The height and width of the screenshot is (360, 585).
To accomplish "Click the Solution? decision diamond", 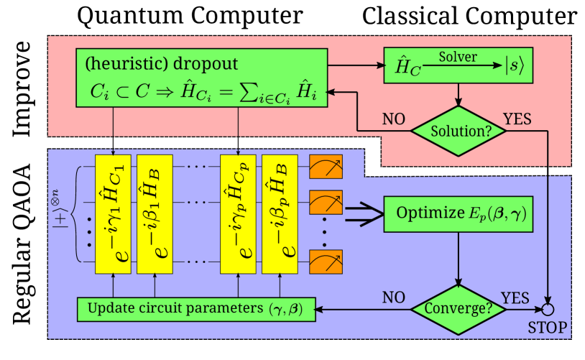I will click(x=459, y=131).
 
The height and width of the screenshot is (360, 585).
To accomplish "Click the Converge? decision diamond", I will click(x=459, y=309).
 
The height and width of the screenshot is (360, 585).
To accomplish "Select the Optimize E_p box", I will click(x=459, y=213).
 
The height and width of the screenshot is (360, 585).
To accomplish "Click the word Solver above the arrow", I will click(x=458, y=57).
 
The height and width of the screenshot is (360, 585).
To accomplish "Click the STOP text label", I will click(x=548, y=328).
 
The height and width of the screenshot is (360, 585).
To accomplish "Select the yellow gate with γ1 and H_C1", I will click(x=113, y=213).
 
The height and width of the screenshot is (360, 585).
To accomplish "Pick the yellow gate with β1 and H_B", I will click(x=155, y=213).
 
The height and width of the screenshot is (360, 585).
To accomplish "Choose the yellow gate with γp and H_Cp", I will click(x=238, y=213).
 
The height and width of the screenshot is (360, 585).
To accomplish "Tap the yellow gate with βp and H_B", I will click(x=280, y=213).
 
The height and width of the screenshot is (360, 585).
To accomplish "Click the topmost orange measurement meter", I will click(x=326, y=167).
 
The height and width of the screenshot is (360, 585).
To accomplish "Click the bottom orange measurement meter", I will click(x=326, y=262).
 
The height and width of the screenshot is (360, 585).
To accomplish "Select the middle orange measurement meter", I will click(x=326, y=202).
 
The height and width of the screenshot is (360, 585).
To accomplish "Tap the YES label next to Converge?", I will click(x=515, y=297).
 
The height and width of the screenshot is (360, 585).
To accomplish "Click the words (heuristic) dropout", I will click(x=162, y=64).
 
